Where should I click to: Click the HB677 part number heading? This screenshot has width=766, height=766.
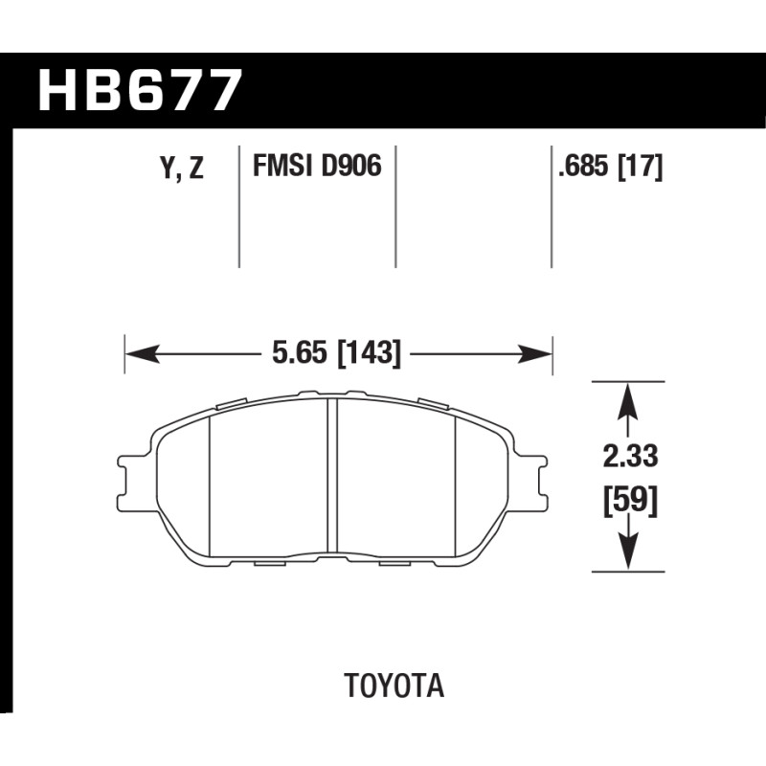[140, 90]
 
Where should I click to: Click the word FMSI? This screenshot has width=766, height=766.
[282, 166]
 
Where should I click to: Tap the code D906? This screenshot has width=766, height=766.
[350, 166]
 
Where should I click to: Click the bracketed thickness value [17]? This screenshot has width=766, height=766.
[641, 167]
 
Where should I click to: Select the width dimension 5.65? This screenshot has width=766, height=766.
[300, 352]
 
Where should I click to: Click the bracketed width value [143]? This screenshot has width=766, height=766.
[369, 352]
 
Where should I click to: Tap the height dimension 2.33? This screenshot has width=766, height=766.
[630, 457]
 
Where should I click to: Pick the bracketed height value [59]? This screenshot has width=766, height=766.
[630, 500]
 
